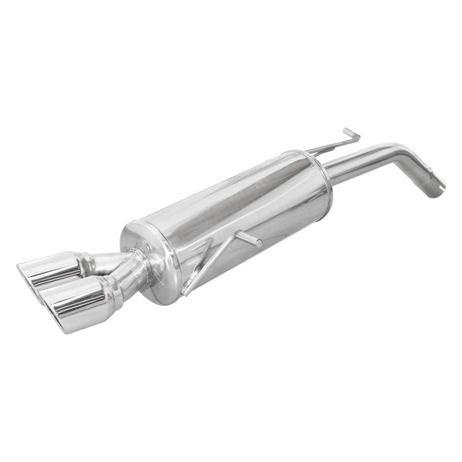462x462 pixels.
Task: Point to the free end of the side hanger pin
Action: (x=258, y=243)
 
